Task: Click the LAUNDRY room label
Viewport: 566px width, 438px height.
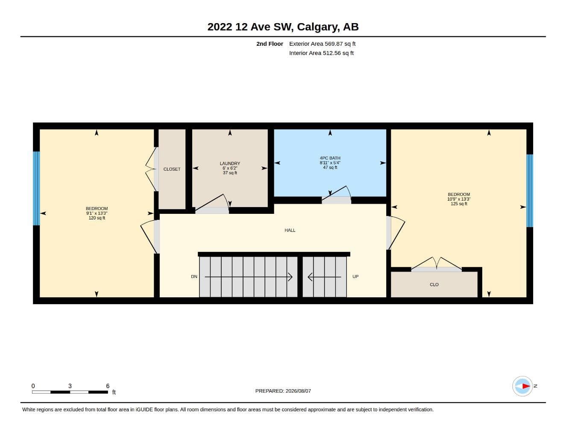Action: click(230, 163)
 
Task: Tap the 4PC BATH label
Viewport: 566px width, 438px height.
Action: click(330, 158)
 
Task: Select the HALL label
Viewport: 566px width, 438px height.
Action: click(290, 230)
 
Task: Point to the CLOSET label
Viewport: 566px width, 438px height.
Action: click(172, 169)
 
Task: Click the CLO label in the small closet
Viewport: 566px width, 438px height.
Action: click(434, 285)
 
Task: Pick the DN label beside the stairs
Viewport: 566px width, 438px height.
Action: click(194, 277)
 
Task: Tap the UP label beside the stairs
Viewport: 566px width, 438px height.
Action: click(355, 277)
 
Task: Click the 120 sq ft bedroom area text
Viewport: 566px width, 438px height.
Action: click(97, 218)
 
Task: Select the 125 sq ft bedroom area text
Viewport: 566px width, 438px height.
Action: click(459, 204)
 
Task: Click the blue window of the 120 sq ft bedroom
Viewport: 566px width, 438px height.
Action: click(36, 188)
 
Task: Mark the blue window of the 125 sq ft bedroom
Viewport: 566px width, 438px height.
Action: click(530, 191)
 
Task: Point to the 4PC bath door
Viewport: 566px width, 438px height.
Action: click(336, 195)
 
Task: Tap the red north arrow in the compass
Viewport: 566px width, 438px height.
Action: click(526, 386)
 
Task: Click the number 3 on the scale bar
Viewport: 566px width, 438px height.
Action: click(70, 386)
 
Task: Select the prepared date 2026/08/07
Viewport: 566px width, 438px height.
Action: click(298, 391)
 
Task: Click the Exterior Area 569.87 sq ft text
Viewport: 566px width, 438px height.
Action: click(322, 44)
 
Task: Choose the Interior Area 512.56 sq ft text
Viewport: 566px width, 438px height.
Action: click(321, 53)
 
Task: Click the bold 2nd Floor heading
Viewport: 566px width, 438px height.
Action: click(270, 44)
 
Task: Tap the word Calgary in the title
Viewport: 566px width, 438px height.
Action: click(318, 27)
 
